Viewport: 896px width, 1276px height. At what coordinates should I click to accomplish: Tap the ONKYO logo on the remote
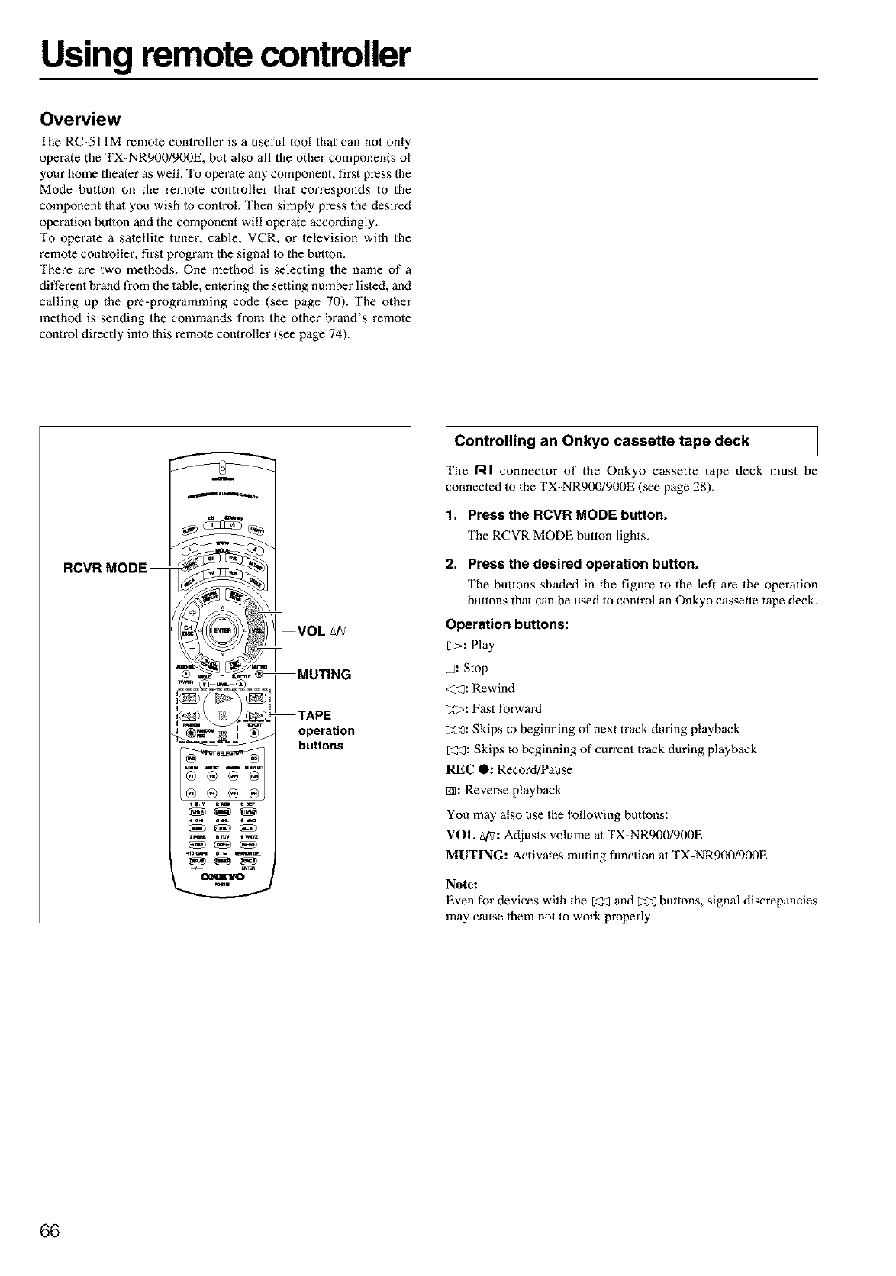pyautogui.click(x=221, y=876)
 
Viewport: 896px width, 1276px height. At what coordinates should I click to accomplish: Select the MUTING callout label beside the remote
pyautogui.click(x=324, y=675)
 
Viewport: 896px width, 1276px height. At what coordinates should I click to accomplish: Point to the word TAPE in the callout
pyautogui.click(x=314, y=715)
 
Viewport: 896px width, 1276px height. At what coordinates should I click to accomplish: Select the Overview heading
pyautogui.click(x=80, y=119)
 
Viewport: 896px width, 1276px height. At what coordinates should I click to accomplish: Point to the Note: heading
pyautogui.click(x=462, y=884)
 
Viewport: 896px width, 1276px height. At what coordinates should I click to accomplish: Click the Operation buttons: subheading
pyautogui.click(x=507, y=623)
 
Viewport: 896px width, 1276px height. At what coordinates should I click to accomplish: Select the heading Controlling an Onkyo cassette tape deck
pyautogui.click(x=601, y=440)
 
